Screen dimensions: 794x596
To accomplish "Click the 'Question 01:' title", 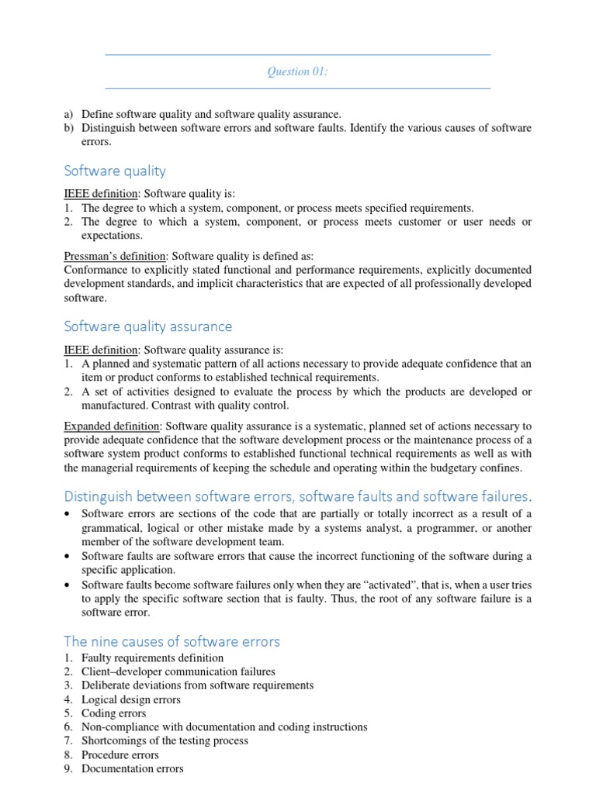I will pos(298,71).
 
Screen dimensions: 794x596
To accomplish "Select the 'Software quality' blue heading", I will pos(114,171).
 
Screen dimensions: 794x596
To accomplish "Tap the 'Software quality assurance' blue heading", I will pos(147,326).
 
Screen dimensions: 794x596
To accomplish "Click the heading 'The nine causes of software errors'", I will pos(172,641).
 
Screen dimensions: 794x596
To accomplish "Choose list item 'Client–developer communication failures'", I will pos(178,671).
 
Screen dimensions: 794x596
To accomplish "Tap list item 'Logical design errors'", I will pos(131,699).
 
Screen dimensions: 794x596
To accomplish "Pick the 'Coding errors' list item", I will pos(113,713).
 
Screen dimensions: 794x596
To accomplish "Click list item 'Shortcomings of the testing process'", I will pos(165,740).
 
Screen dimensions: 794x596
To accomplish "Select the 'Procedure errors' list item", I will pos(120,754).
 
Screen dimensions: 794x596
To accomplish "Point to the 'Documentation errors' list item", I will pos(133,768).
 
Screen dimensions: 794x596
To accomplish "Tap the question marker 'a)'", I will pos(69,114).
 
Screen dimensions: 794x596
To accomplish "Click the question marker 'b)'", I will pos(69,128).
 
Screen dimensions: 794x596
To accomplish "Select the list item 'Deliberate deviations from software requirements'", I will pos(197,685).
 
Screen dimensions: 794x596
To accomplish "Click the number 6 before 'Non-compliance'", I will pos(68,727).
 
